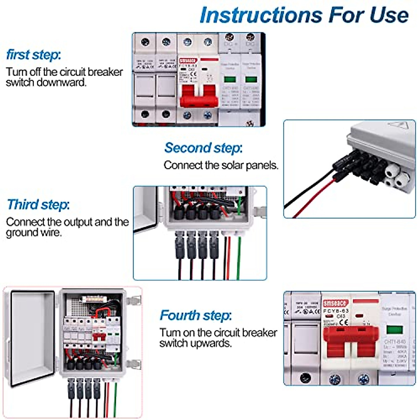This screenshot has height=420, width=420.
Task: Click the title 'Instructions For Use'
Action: coord(304,15)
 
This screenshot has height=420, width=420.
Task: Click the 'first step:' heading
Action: coord(34,55)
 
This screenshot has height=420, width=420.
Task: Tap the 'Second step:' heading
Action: coord(203,148)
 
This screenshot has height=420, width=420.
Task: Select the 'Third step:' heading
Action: coord(38,204)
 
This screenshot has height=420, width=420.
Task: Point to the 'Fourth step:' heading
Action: coord(196,315)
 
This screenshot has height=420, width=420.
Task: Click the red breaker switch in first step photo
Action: coord(198,96)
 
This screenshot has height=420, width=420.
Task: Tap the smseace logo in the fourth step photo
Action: coord(336,303)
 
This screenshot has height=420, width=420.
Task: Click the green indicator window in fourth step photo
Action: coord(394,330)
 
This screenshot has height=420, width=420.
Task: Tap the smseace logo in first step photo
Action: coord(188,61)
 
